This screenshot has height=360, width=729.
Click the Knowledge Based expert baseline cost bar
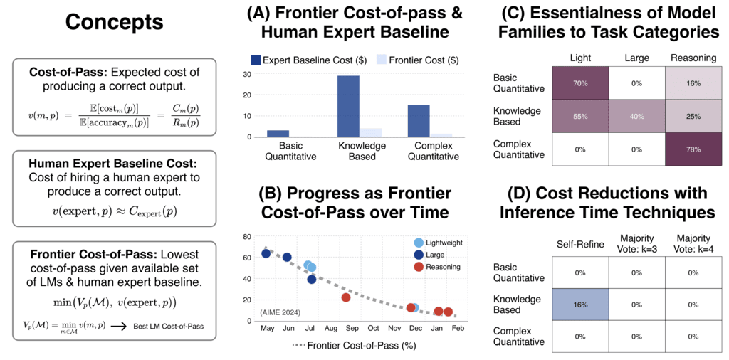pos(347,106)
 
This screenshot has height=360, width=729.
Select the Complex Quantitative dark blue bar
pos(419,121)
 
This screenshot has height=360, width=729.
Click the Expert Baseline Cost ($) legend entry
pos(309,60)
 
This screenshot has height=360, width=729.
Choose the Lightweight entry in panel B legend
pos(441,243)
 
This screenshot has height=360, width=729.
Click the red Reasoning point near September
pos(346,297)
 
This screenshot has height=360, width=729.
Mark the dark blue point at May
pos(266,253)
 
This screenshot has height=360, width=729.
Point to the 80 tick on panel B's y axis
pos(247,237)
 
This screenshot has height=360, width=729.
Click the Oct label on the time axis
pos(373,329)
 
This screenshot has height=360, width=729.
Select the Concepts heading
pos(114,22)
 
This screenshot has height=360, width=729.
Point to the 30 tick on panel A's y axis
pos(247,74)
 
